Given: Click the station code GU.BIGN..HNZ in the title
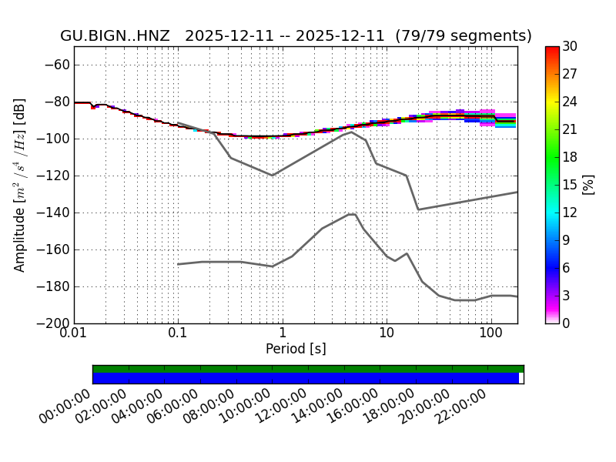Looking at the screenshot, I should point(115,36).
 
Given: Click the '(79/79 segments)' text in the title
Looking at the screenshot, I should point(464,36).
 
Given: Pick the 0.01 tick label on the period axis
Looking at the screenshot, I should point(74,334).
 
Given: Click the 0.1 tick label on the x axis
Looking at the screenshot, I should point(178,334).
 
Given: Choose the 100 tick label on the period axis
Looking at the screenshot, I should point(490,334).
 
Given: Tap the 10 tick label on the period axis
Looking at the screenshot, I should point(387,334).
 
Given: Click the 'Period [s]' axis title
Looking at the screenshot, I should point(296,349).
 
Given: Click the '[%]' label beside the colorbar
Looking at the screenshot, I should point(588,185).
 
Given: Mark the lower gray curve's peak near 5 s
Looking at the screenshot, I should point(351,214).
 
